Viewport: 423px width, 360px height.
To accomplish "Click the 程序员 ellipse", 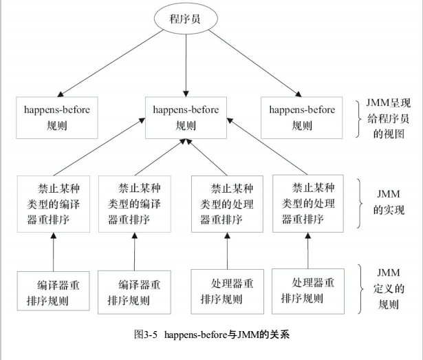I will click(186, 19).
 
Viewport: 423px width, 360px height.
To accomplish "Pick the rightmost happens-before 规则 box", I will click(302, 117).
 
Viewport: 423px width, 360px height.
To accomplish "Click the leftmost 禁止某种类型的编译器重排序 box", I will click(53, 204).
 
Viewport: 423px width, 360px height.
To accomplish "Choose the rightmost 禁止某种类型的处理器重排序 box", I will click(307, 203).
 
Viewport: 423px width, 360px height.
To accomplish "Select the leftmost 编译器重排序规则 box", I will click(53, 292).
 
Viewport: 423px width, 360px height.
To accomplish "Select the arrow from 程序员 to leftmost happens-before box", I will click(110, 65).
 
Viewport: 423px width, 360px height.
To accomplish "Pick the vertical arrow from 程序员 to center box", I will click(186, 66).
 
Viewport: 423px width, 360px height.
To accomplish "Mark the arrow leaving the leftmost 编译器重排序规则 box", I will click(53, 252).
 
